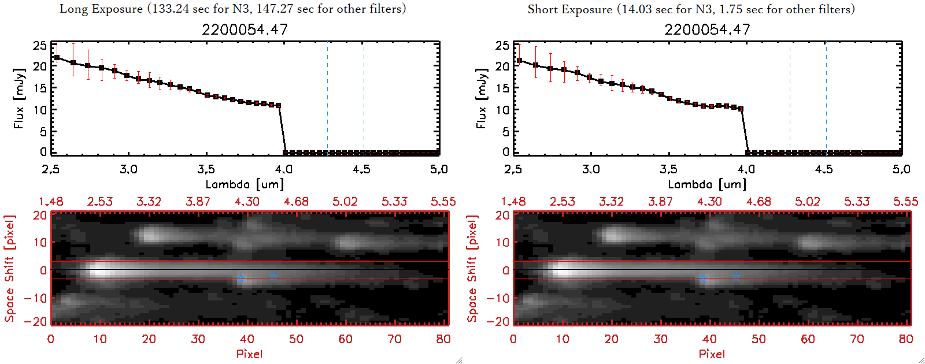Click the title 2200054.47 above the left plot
pos(245,29)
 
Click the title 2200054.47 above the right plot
pos(707,29)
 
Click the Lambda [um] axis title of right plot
pos(707,184)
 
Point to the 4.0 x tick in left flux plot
pos(284,169)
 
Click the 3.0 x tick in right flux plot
pos(591,169)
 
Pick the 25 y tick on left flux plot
pos(40,46)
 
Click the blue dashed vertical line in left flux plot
pos(327,98)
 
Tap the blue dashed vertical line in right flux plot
pos(790,98)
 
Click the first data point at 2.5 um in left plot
pos(57,58)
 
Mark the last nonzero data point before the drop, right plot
pos(741,109)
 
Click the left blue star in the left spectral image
pos(240,279)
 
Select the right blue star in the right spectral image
pos(735,277)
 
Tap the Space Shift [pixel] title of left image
pos(10,268)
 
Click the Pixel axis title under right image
pos(712,354)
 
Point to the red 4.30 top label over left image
pos(247,202)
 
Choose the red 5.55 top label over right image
pos(905,202)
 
